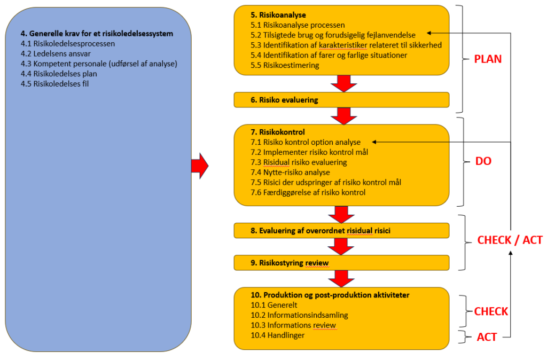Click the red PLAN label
pyautogui.click(x=488, y=59)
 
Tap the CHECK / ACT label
pyautogui.click(x=510, y=240)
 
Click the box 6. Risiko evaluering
pyautogui.click(x=341, y=99)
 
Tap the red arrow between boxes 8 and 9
pyautogui.click(x=339, y=246)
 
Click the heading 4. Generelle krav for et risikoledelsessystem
pyautogui.click(x=97, y=34)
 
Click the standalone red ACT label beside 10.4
pyautogui.click(x=487, y=337)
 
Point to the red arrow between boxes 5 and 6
pyautogui.click(x=342, y=83)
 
